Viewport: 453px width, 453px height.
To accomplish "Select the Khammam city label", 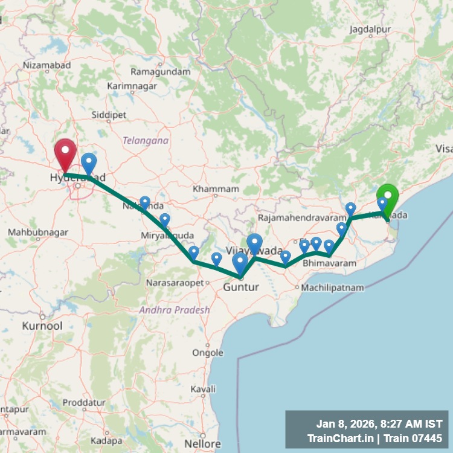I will point(216,189).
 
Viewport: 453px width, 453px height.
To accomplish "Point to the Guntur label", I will point(240,287).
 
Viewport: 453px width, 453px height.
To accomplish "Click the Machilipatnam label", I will point(332,288).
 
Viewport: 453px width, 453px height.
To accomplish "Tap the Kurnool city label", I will point(42,326).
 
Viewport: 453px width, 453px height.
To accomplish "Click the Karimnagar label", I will point(132,86).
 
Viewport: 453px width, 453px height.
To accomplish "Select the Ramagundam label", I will point(161,72).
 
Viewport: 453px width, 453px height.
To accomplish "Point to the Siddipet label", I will point(109,114).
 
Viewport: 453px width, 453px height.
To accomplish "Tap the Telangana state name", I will point(146,140).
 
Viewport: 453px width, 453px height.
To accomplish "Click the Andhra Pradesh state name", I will point(175,310).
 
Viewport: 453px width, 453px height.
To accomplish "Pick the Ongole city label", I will point(207,353).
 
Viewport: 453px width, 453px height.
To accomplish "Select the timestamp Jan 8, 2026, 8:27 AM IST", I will point(379,424).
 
